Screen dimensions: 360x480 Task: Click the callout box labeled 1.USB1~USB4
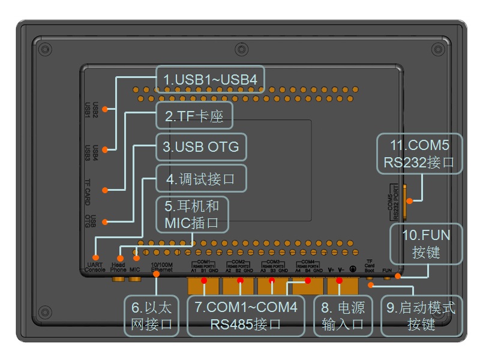point(209,79)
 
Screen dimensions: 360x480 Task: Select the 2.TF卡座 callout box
point(194,116)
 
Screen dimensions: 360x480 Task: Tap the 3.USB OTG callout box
point(200,147)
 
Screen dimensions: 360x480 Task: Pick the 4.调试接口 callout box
point(200,179)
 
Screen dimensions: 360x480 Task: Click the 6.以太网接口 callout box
point(151,316)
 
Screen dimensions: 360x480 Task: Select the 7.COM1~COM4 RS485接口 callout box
point(245,316)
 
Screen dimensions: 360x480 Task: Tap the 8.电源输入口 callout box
point(343,316)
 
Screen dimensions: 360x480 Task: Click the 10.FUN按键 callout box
point(426,243)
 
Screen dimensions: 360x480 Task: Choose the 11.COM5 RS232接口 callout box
point(419,154)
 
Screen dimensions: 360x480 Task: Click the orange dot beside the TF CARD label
point(105,190)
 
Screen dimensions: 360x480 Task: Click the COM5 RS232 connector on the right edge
point(405,202)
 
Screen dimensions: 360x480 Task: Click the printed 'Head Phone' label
point(118,268)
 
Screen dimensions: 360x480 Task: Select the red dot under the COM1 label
point(203,280)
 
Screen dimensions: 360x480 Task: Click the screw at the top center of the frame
point(240,49)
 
